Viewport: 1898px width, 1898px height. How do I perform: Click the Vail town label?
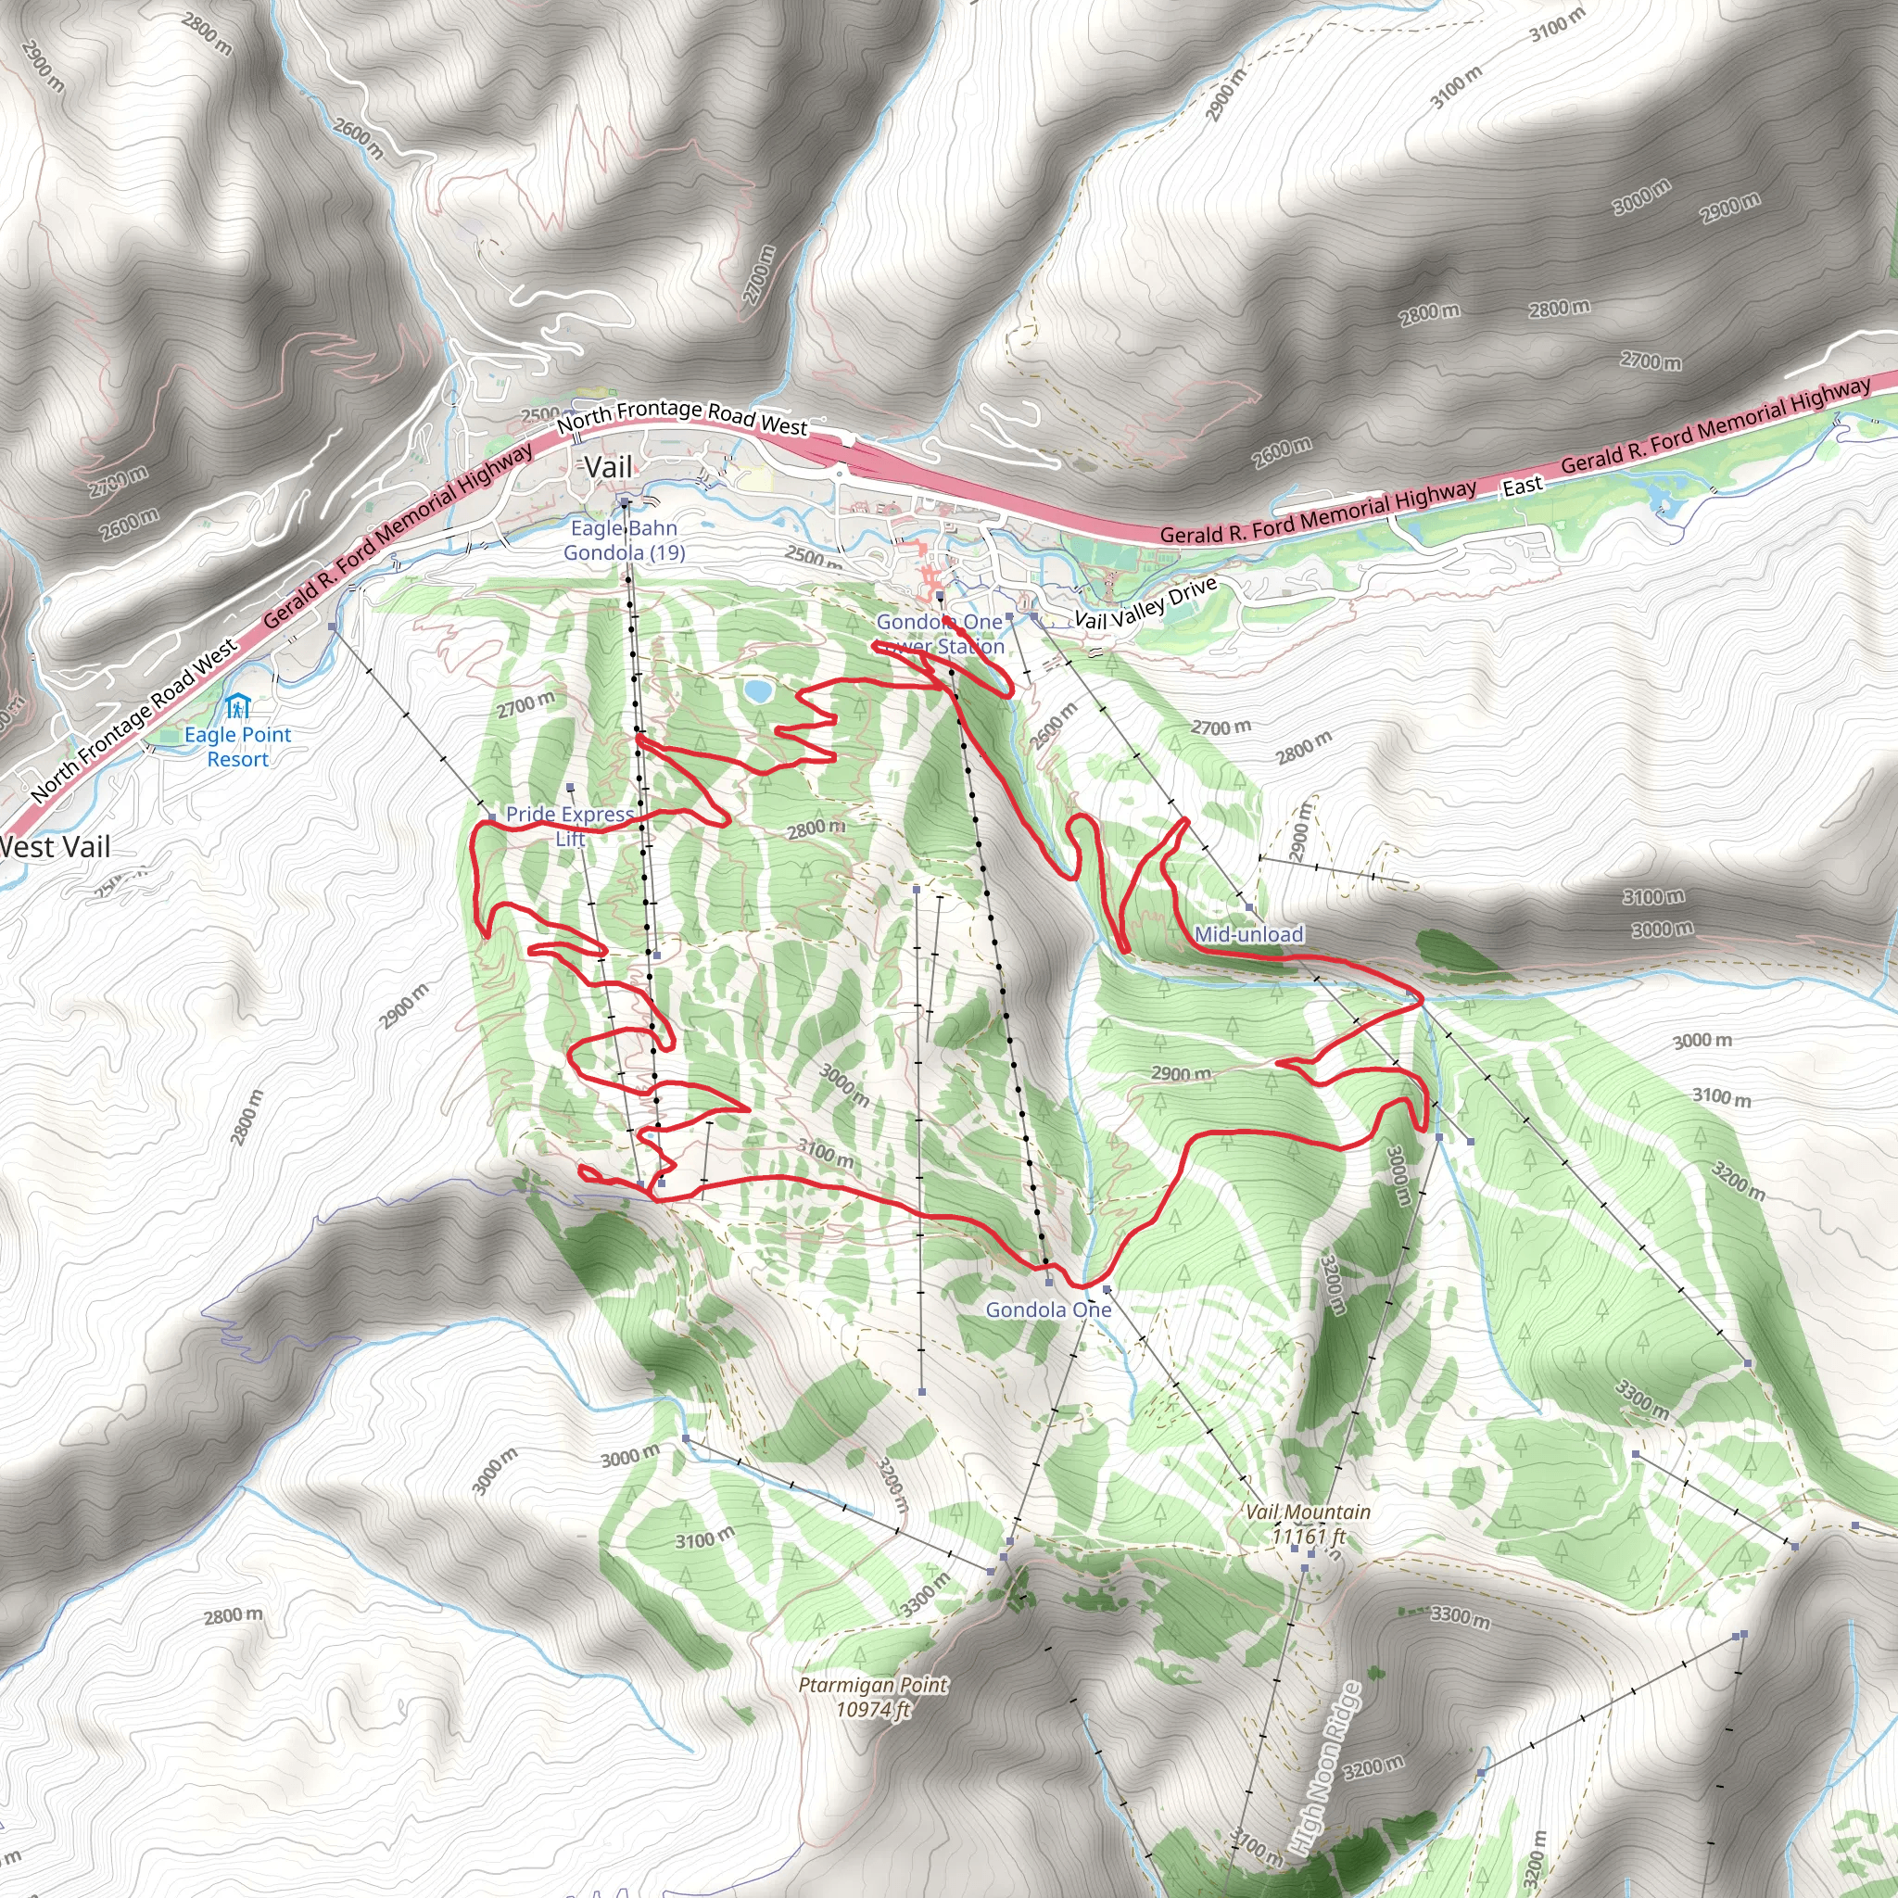pos(608,468)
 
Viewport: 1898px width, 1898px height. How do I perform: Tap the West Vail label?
pos(55,847)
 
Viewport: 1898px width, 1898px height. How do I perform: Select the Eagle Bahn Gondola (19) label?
pos(624,540)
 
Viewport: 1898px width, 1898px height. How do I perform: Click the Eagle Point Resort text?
pos(238,747)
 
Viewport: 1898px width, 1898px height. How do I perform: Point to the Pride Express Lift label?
pos(570,825)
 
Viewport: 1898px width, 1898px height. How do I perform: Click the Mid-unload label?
pos(1248,934)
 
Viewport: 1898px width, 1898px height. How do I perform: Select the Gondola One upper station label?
pos(1048,1310)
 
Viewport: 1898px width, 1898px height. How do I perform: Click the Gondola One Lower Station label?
pos(940,634)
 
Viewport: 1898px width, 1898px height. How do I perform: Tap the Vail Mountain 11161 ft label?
pos(1308,1524)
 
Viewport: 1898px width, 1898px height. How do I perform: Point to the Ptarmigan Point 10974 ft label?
pos(872,1697)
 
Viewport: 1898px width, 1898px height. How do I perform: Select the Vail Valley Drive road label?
pos(1145,602)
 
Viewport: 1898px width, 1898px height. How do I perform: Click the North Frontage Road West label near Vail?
pos(682,416)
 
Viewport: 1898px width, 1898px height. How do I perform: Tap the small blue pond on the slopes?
pos(757,691)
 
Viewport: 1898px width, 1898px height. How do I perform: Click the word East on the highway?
pos(1522,486)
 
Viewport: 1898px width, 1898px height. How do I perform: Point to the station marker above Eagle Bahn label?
pos(624,502)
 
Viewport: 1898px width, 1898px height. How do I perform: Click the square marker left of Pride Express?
pos(492,816)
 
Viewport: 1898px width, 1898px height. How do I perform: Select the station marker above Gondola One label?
pos(1048,1283)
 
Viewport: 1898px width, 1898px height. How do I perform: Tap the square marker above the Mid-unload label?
pos(1248,907)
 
